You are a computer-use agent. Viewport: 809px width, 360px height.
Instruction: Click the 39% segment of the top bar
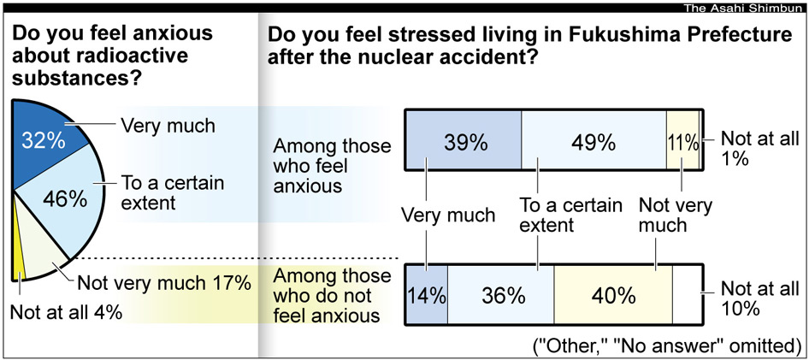[463, 142]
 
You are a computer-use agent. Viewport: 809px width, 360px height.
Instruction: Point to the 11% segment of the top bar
[682, 142]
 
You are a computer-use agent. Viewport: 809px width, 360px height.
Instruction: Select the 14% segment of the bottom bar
[427, 296]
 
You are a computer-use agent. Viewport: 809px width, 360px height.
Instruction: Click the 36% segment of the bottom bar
[501, 296]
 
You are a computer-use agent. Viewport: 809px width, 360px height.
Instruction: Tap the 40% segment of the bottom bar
[612, 296]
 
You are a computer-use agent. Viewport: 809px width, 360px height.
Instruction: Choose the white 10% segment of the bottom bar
[686, 296]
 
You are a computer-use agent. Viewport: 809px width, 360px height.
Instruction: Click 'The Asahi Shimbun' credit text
[744, 9]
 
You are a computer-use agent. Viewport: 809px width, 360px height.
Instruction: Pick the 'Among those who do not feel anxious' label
[328, 296]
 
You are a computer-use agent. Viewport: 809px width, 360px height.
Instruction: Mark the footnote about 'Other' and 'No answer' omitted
[667, 346]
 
